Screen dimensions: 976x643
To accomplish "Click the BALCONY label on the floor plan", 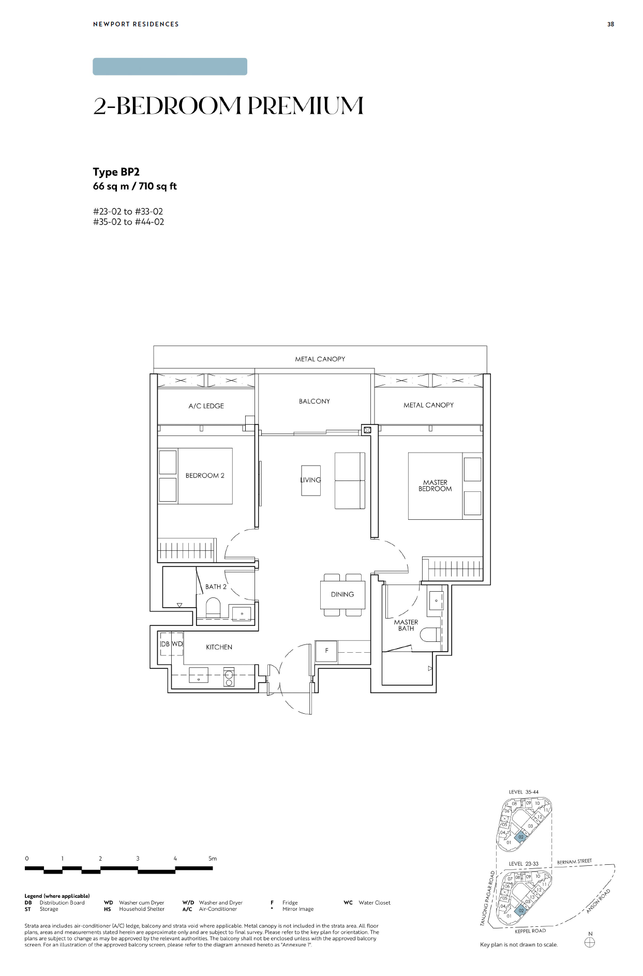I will (314, 401).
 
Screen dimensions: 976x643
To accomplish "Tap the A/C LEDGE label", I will (206, 406).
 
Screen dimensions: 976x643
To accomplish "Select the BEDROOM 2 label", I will (205, 475).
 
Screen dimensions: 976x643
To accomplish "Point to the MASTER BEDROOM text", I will (435, 485).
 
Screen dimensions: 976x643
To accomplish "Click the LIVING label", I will (310, 480).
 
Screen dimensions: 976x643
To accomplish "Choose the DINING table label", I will (342, 594).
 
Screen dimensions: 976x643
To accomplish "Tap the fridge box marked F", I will (326, 651).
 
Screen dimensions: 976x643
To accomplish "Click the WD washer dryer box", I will (177, 644).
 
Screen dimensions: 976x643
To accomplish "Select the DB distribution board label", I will (165, 644).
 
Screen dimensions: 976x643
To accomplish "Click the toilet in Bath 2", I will (213, 608).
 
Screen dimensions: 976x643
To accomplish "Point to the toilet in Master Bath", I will (429, 635).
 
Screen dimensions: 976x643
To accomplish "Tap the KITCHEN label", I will (219, 647).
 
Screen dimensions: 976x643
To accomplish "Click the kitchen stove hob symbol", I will (229, 677).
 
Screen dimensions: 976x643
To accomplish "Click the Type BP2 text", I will (116, 172).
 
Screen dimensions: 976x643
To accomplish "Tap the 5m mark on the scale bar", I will (212, 859).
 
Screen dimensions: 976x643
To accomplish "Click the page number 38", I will (610, 24).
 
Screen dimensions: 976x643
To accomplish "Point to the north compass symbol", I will (590, 942).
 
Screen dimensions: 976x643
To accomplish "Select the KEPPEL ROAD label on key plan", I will (530, 931).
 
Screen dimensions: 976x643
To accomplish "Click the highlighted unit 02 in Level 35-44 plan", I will (521, 836).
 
